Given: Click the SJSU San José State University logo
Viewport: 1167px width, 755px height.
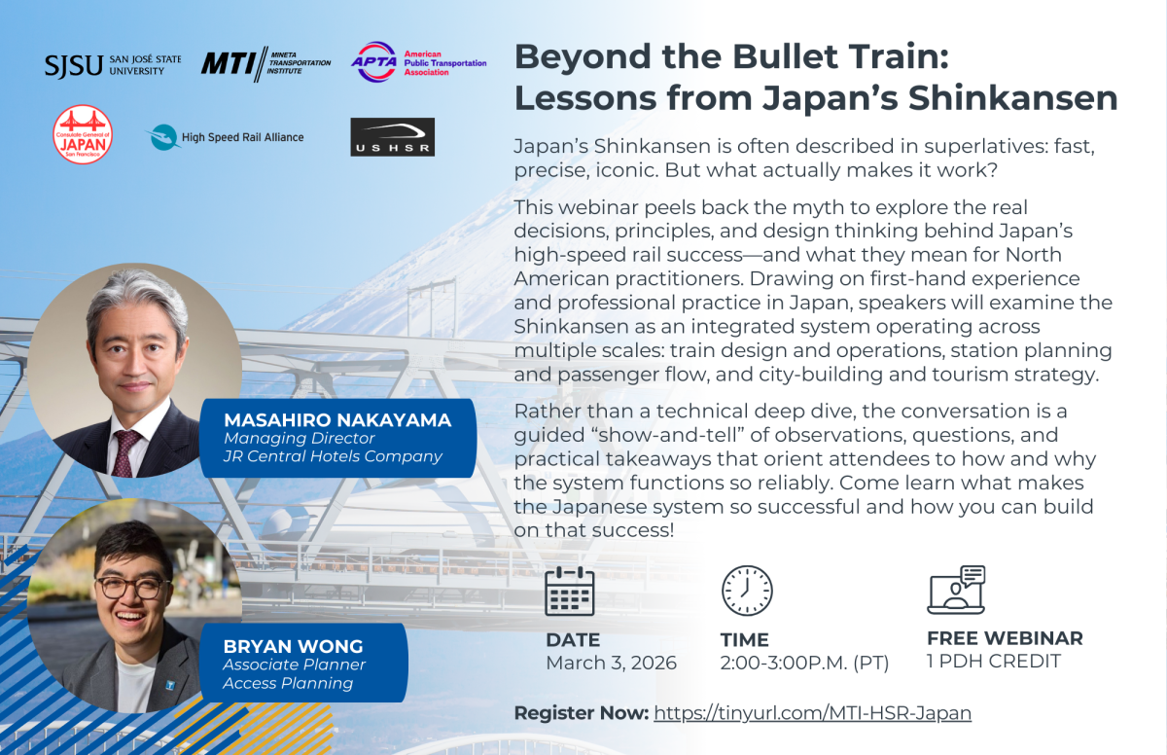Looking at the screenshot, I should coord(112,65).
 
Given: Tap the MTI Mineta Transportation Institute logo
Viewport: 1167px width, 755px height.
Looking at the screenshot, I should coord(265,64).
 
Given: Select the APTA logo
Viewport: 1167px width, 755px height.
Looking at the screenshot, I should coord(418,62).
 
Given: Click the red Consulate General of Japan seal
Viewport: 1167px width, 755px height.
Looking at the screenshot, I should coord(83,135).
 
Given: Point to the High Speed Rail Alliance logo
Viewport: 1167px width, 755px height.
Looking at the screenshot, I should coord(226,137).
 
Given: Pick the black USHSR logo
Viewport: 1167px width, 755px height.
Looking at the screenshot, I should coord(392,137).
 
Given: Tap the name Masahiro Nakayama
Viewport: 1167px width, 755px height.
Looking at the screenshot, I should coord(337,420).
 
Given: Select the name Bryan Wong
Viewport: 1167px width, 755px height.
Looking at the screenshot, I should coord(280,646).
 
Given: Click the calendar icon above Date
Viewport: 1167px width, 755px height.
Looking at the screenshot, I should coord(570,591).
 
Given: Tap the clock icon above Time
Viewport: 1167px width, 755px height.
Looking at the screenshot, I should coord(746,591).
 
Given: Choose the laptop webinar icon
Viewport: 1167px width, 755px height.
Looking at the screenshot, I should coord(956,590).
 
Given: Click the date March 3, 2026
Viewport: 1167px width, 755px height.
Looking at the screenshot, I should coord(611,664).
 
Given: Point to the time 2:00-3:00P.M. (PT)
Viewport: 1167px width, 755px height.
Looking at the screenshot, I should coord(804,664).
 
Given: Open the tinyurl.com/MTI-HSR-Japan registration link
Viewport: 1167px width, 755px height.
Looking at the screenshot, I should coord(812,713).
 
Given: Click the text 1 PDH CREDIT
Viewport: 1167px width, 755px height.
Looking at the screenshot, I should coord(993,662).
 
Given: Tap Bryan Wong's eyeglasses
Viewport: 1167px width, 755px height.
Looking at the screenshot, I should coord(132,587).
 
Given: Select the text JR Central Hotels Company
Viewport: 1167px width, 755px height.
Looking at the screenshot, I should coord(333,456).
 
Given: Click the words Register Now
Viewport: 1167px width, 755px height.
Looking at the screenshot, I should coord(581,713).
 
